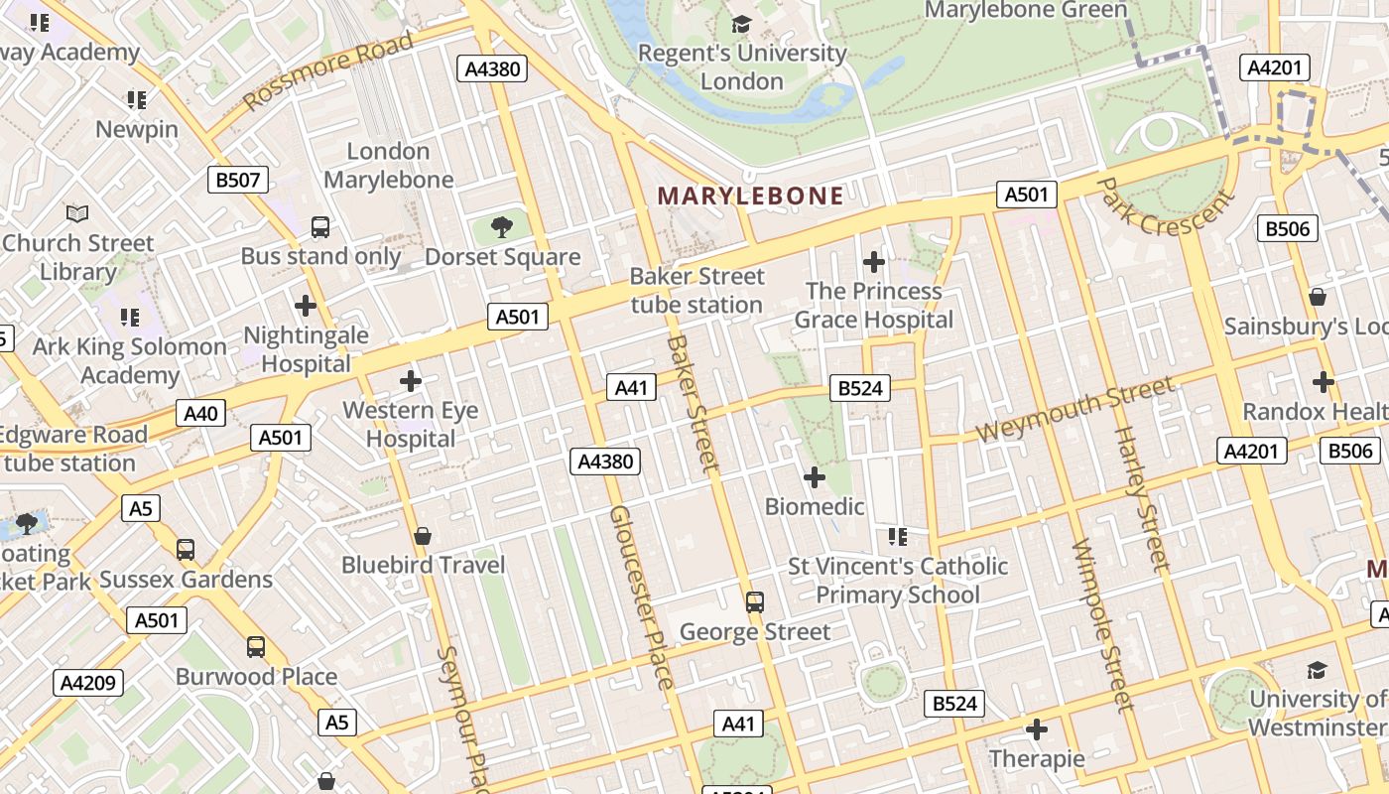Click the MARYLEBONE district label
click(750, 196)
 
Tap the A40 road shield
click(201, 413)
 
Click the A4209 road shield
click(89, 683)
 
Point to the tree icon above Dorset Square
click(502, 227)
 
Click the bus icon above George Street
click(755, 601)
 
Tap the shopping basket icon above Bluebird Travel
click(423, 536)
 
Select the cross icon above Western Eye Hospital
click(411, 381)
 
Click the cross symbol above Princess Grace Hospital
click(874, 262)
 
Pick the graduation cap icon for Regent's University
click(741, 24)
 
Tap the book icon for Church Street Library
click(77, 213)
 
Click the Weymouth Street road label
click(1074, 410)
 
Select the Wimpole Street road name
click(1101, 625)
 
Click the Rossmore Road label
click(327, 71)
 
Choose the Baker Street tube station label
click(697, 290)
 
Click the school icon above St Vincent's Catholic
click(898, 537)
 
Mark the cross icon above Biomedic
click(815, 477)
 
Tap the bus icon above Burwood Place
click(256, 647)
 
